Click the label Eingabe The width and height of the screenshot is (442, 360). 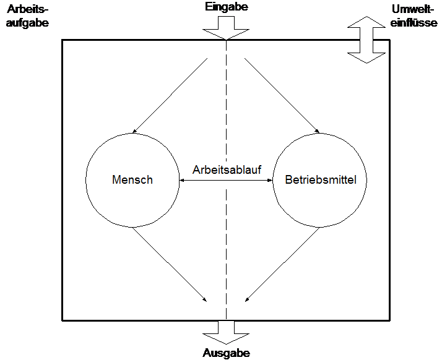tap(227, 7)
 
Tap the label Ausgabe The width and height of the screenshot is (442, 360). tap(226, 353)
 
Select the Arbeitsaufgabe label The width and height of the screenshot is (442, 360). tap(27, 16)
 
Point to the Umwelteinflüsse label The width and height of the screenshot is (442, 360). tap(414, 16)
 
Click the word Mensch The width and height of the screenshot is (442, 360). tap(132, 180)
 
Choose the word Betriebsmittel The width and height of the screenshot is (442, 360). tap(321, 180)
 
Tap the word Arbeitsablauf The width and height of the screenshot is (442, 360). tap(227, 169)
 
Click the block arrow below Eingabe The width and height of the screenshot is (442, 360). tap(226, 28)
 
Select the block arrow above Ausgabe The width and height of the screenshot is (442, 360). tap(226, 332)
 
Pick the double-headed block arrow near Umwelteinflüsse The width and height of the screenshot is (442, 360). tap(366, 40)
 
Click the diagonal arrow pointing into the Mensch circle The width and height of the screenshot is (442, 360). tap(170, 95)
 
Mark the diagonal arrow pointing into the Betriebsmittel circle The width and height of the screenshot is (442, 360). tap(282, 95)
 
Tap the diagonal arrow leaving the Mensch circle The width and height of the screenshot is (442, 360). tap(170, 265)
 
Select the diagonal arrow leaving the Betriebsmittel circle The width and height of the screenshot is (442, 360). tap(282, 265)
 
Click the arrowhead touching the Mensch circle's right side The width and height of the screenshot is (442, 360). tap(182, 180)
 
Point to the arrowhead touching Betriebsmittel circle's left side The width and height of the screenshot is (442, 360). tap(271, 180)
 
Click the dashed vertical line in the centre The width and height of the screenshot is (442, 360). tap(226, 180)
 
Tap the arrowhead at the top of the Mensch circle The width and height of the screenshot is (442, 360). tap(134, 131)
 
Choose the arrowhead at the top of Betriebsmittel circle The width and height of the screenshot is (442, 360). tap(318, 131)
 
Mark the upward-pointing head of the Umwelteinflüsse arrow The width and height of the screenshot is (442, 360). tap(366, 22)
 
